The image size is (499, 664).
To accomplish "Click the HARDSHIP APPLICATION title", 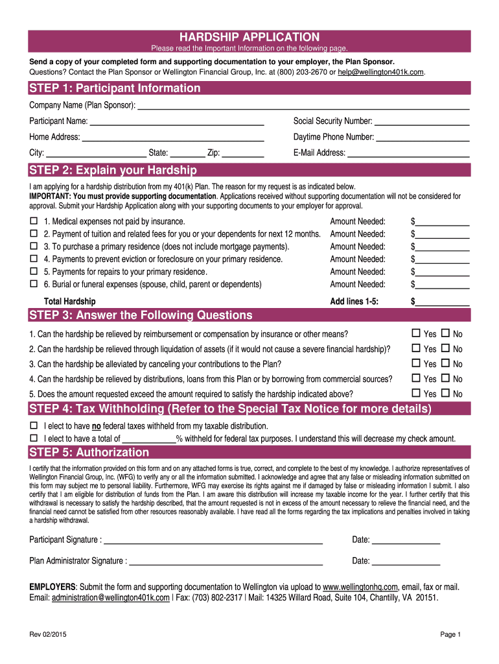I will click(x=250, y=37).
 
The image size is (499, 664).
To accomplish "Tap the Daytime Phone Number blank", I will click(x=423, y=138).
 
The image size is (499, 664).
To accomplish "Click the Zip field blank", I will click(x=243, y=154).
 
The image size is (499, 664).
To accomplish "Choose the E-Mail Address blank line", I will click(x=408, y=154).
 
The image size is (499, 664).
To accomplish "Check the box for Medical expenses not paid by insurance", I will click(x=34, y=222).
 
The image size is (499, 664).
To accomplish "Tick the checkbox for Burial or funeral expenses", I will click(x=34, y=284).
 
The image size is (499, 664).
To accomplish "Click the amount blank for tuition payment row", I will click(x=442, y=235).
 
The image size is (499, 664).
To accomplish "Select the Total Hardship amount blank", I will click(x=442, y=302).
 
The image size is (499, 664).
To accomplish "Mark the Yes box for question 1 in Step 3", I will click(x=417, y=334).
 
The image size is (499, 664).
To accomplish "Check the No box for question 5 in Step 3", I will click(x=445, y=394).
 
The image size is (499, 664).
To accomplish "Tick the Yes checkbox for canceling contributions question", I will click(x=417, y=364).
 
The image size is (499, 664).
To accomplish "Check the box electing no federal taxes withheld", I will click(x=34, y=426).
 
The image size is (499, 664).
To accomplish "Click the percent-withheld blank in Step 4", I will click(x=153, y=439).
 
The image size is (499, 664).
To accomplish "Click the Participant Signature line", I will click(x=213, y=541).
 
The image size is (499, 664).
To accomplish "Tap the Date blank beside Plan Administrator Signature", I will click(x=406, y=562).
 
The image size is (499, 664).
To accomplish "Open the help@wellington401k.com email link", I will click(x=381, y=72).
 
